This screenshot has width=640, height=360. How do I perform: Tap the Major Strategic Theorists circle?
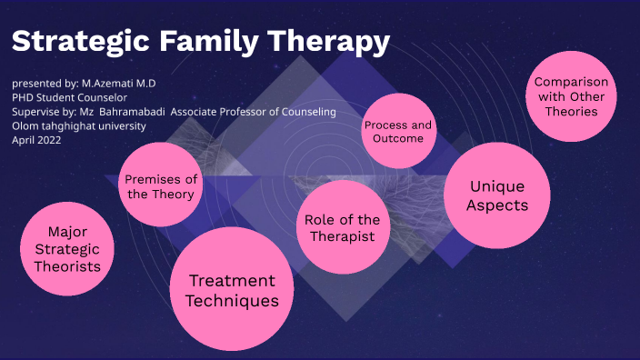[67, 249]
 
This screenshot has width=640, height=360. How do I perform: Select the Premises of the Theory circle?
[161, 186]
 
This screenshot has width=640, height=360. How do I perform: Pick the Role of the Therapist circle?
[342, 227]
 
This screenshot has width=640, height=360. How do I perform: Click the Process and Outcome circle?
[397, 132]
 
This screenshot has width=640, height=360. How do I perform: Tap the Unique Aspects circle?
[496, 195]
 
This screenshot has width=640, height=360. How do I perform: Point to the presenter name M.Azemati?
[122, 83]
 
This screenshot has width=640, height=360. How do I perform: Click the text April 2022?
[36, 140]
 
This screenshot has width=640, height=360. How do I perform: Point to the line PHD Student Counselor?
[68, 97]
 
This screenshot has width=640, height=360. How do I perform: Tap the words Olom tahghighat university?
[78, 125]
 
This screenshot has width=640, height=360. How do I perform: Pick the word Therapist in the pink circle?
[342, 236]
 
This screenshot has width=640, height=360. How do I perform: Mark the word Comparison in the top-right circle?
[571, 82]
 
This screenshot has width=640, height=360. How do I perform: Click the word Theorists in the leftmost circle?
[67, 266]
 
